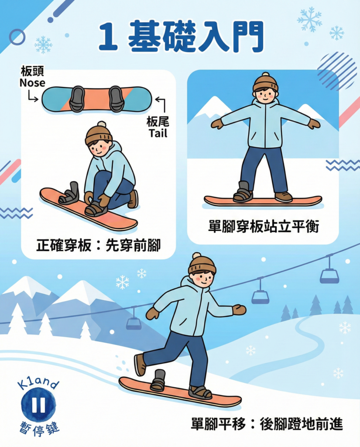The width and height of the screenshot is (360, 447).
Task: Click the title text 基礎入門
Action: [196, 36]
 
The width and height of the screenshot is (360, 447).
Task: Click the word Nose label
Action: [32, 82]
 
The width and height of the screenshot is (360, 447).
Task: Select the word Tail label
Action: [158, 133]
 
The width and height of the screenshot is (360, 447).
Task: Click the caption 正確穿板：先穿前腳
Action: [98, 245]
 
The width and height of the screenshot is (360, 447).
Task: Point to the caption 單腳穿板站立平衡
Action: [264, 227]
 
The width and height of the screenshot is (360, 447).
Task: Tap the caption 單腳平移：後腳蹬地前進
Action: [267, 424]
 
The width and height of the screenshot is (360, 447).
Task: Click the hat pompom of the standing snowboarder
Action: [265, 75]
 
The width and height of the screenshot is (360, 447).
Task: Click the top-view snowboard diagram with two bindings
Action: [96, 99]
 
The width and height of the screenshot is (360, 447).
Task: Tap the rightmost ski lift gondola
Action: [329, 275]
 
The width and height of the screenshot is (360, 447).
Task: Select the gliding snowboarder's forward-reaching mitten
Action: [239, 309]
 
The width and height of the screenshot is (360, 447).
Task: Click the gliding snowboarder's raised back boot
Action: [140, 364]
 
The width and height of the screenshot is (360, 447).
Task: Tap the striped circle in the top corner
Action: [336, 70]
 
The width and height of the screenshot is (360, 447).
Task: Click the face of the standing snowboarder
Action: [265, 95]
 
